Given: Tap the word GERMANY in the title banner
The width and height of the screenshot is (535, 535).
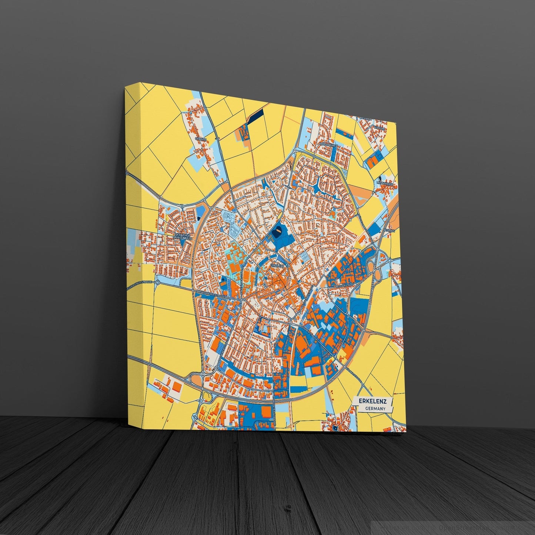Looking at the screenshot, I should tap(375, 409).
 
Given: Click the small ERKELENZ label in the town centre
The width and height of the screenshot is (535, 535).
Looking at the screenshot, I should tap(277, 265).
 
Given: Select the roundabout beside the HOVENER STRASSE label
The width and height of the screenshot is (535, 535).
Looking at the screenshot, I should tap(158, 283).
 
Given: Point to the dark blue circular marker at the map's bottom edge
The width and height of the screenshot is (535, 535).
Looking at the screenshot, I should tap(335, 428).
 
